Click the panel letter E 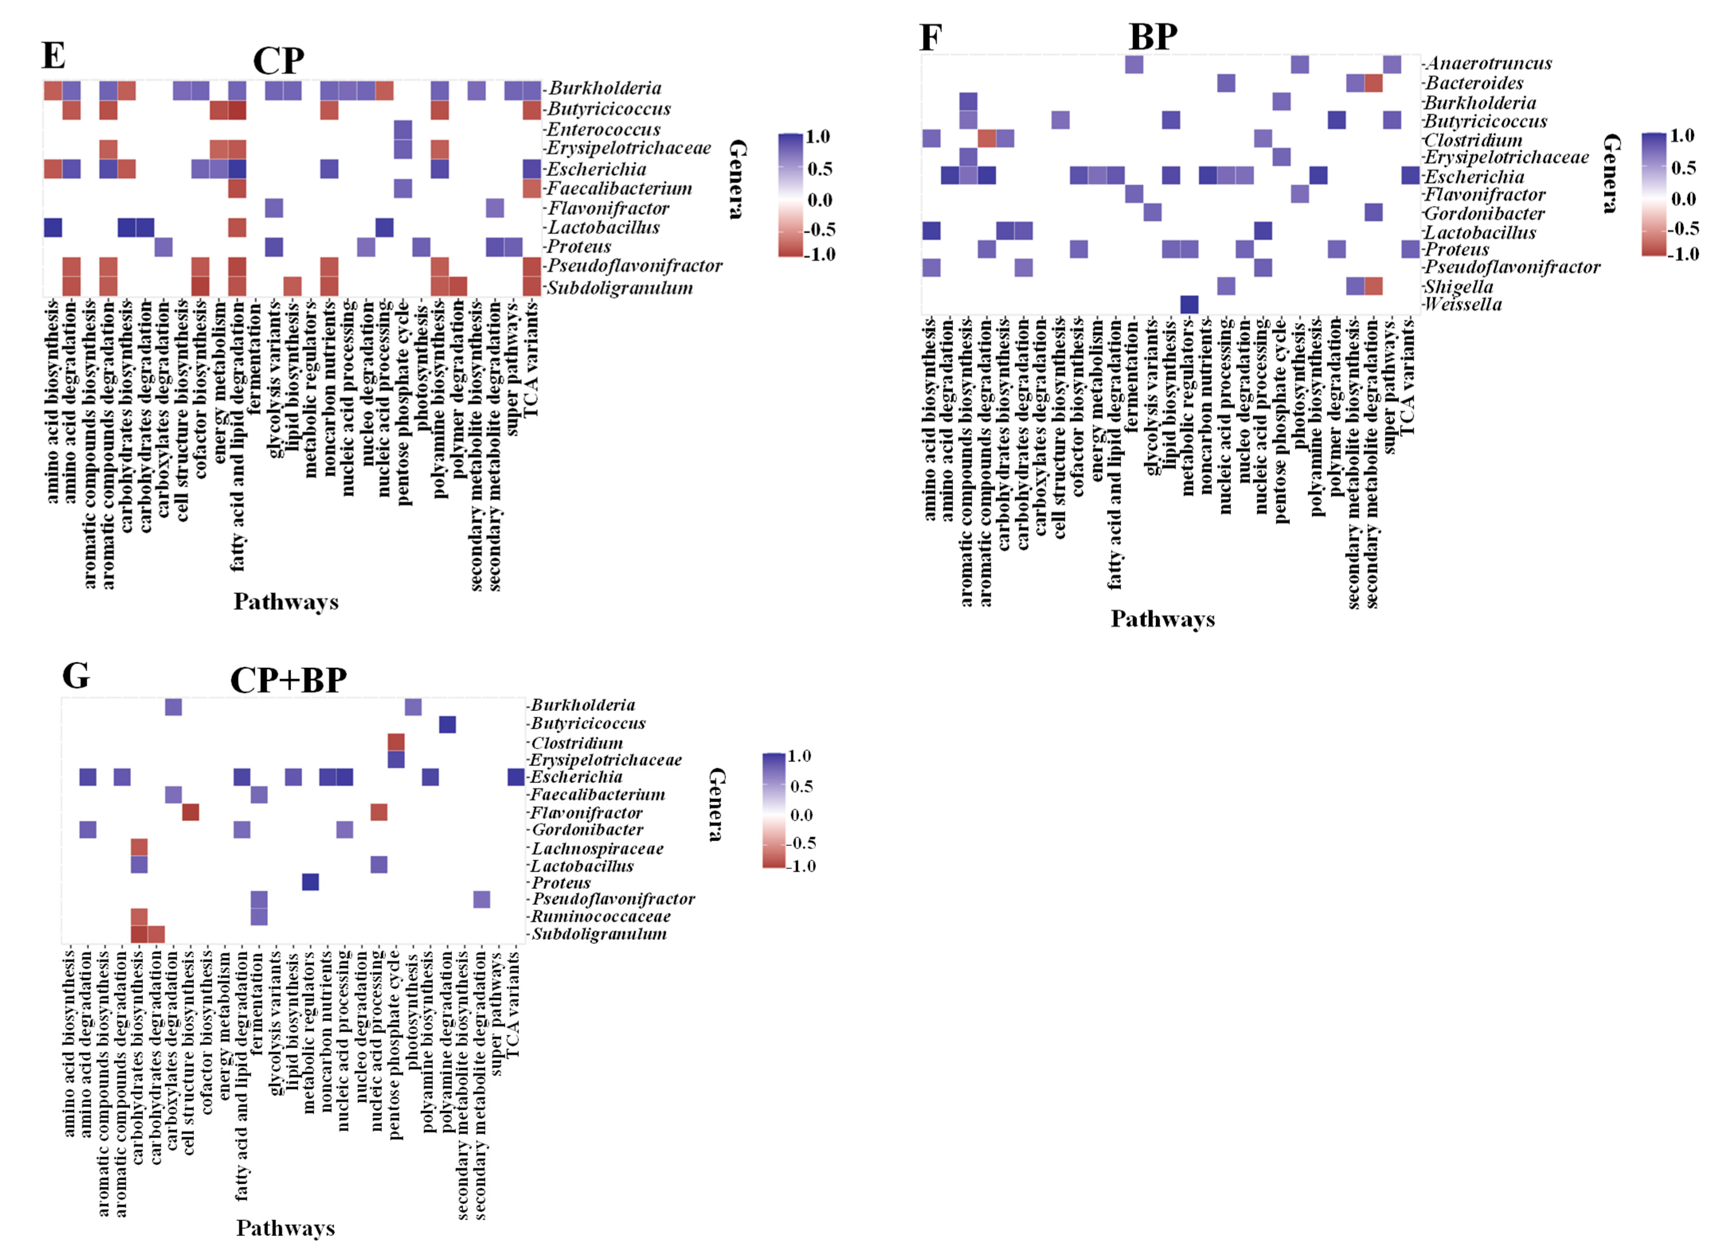(53, 56)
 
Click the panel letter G (75, 675)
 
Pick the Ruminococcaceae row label (600, 916)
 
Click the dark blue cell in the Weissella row (1189, 304)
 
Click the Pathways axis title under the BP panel (1162, 619)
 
